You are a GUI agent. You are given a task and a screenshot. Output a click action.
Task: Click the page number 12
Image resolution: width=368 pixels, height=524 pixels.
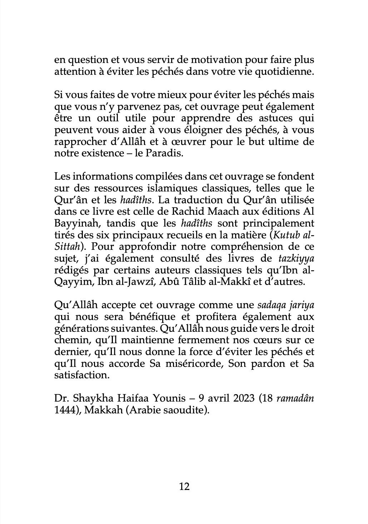point(184,486)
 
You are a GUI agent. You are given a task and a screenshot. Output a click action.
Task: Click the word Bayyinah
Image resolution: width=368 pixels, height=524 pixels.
point(75,223)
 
